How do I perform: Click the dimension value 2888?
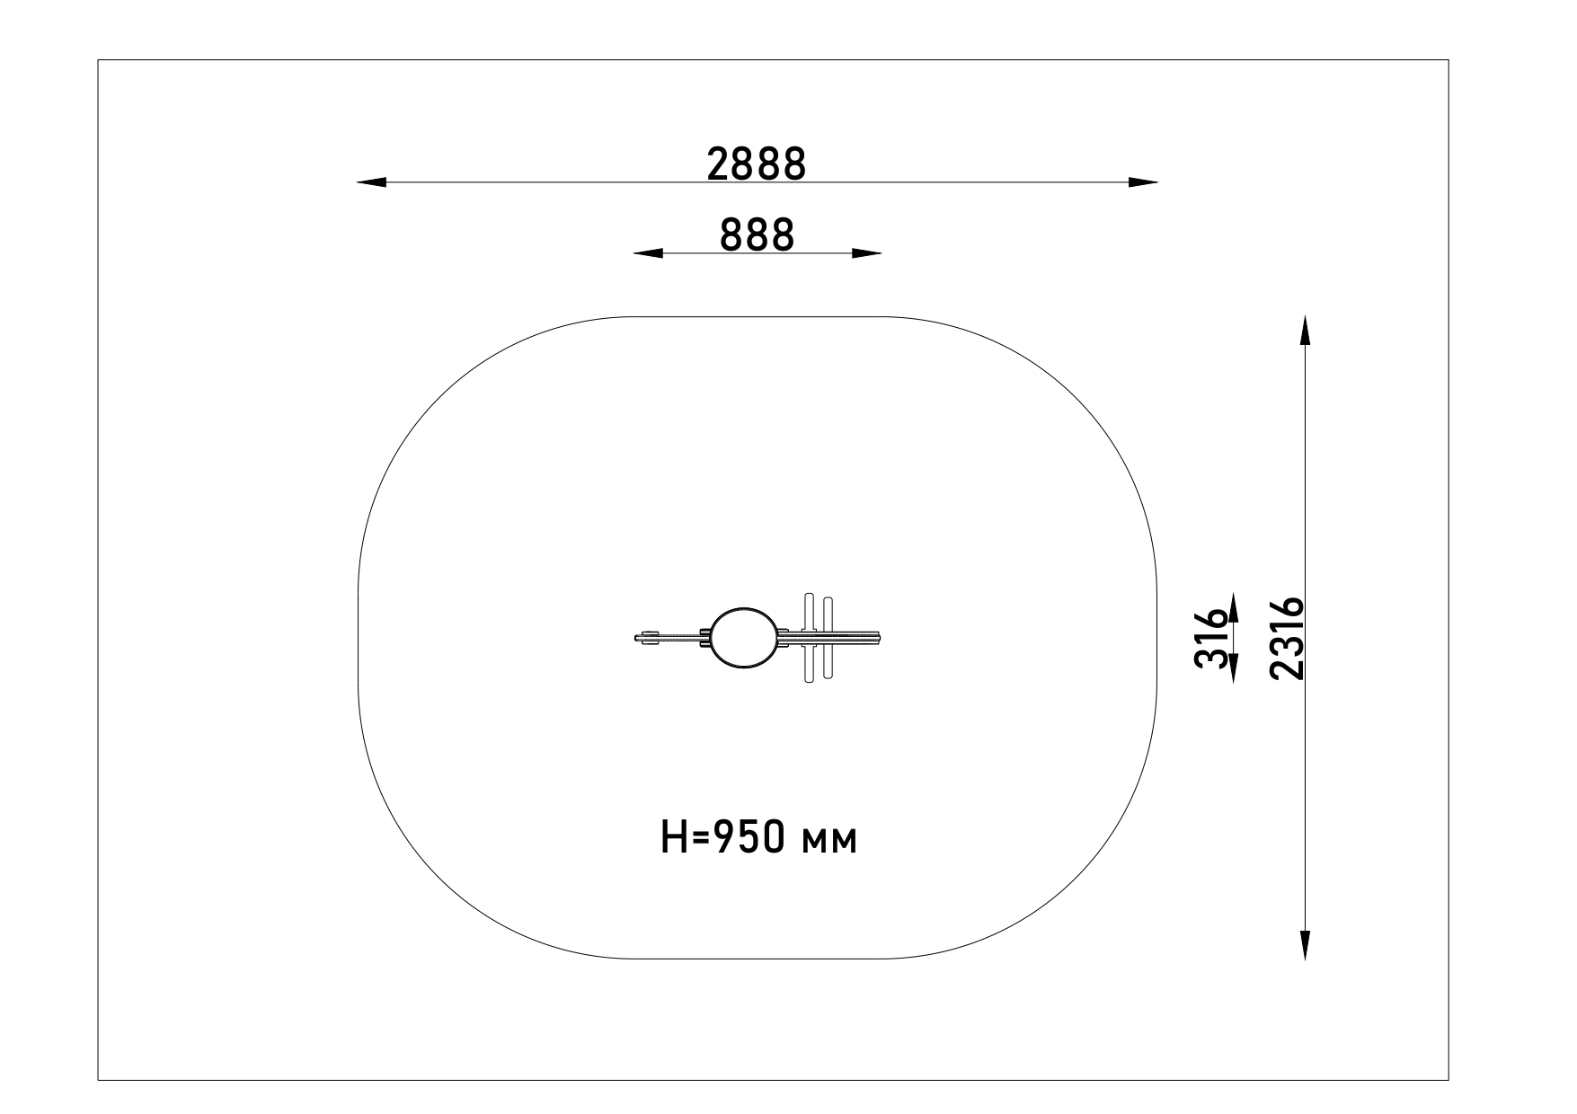pos(757,164)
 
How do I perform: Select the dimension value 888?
pos(757,235)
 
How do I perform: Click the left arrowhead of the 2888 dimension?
pos(371,182)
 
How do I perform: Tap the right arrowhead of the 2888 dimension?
pos(1143,182)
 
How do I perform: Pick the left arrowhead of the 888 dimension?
pos(648,253)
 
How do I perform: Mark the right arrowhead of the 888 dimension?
pos(866,253)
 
